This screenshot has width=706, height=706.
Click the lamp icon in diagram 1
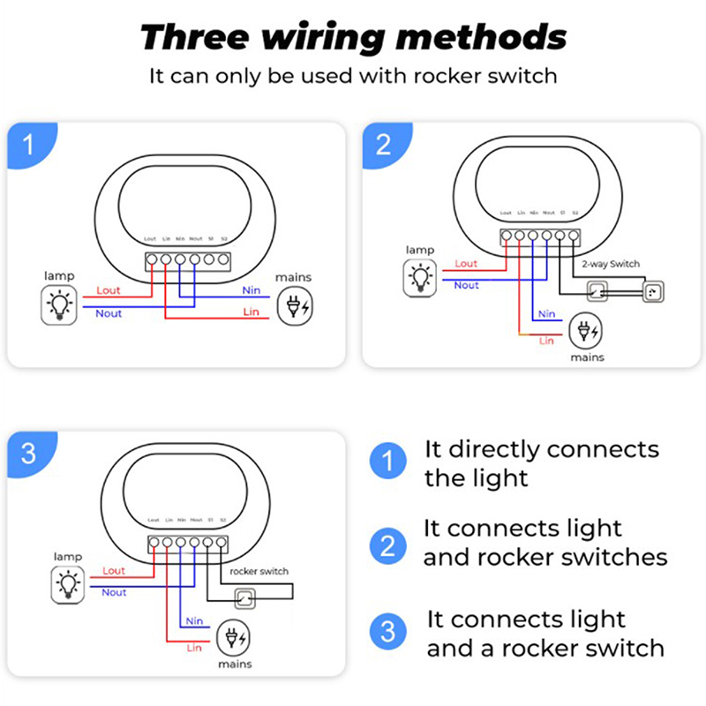coord(59,304)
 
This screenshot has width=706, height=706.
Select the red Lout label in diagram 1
coord(109,290)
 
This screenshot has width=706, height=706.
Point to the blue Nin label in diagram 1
coord(252,290)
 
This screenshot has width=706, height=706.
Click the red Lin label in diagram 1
coord(251,313)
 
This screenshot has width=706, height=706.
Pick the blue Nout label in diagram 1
coord(109,313)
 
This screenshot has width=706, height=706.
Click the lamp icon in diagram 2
coord(420,278)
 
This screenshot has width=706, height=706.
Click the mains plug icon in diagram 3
coord(232,638)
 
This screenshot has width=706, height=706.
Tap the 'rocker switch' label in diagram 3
coord(259,571)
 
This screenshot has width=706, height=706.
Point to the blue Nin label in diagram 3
coord(195,621)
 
